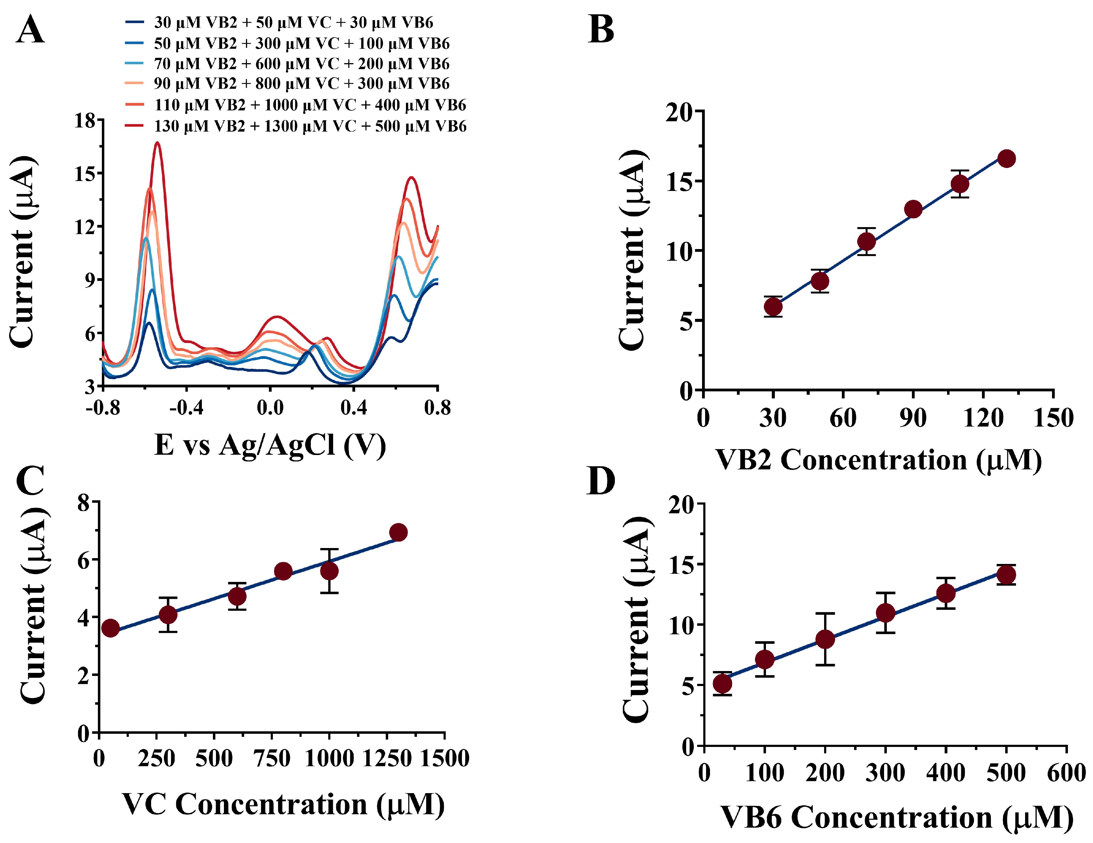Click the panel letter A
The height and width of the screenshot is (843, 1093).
coord(31,30)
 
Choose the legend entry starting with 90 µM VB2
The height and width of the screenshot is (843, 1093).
coord(301,84)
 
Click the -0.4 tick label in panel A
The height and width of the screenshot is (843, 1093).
coord(186,408)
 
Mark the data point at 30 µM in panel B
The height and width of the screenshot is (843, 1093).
coord(773,306)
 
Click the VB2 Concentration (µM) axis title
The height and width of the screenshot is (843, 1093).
coord(878,460)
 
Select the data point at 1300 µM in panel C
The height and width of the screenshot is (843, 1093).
coord(398,532)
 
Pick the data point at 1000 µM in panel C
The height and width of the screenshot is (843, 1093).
coord(329,571)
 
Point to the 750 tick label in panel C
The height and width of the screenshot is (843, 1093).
coord(272,759)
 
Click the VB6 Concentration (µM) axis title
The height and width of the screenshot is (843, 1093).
coord(896,818)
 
